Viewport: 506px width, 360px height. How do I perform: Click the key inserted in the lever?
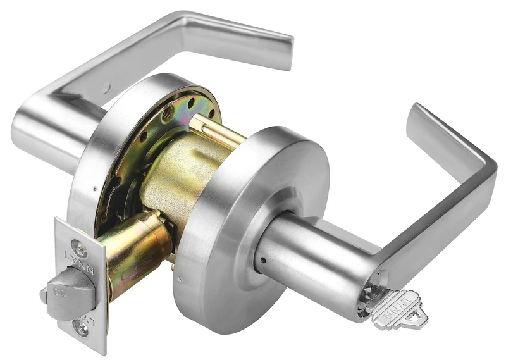tap(396, 309)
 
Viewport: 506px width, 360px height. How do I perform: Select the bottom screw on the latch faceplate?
tap(80, 326)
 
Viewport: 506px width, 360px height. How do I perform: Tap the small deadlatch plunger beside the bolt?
tap(44, 294)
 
